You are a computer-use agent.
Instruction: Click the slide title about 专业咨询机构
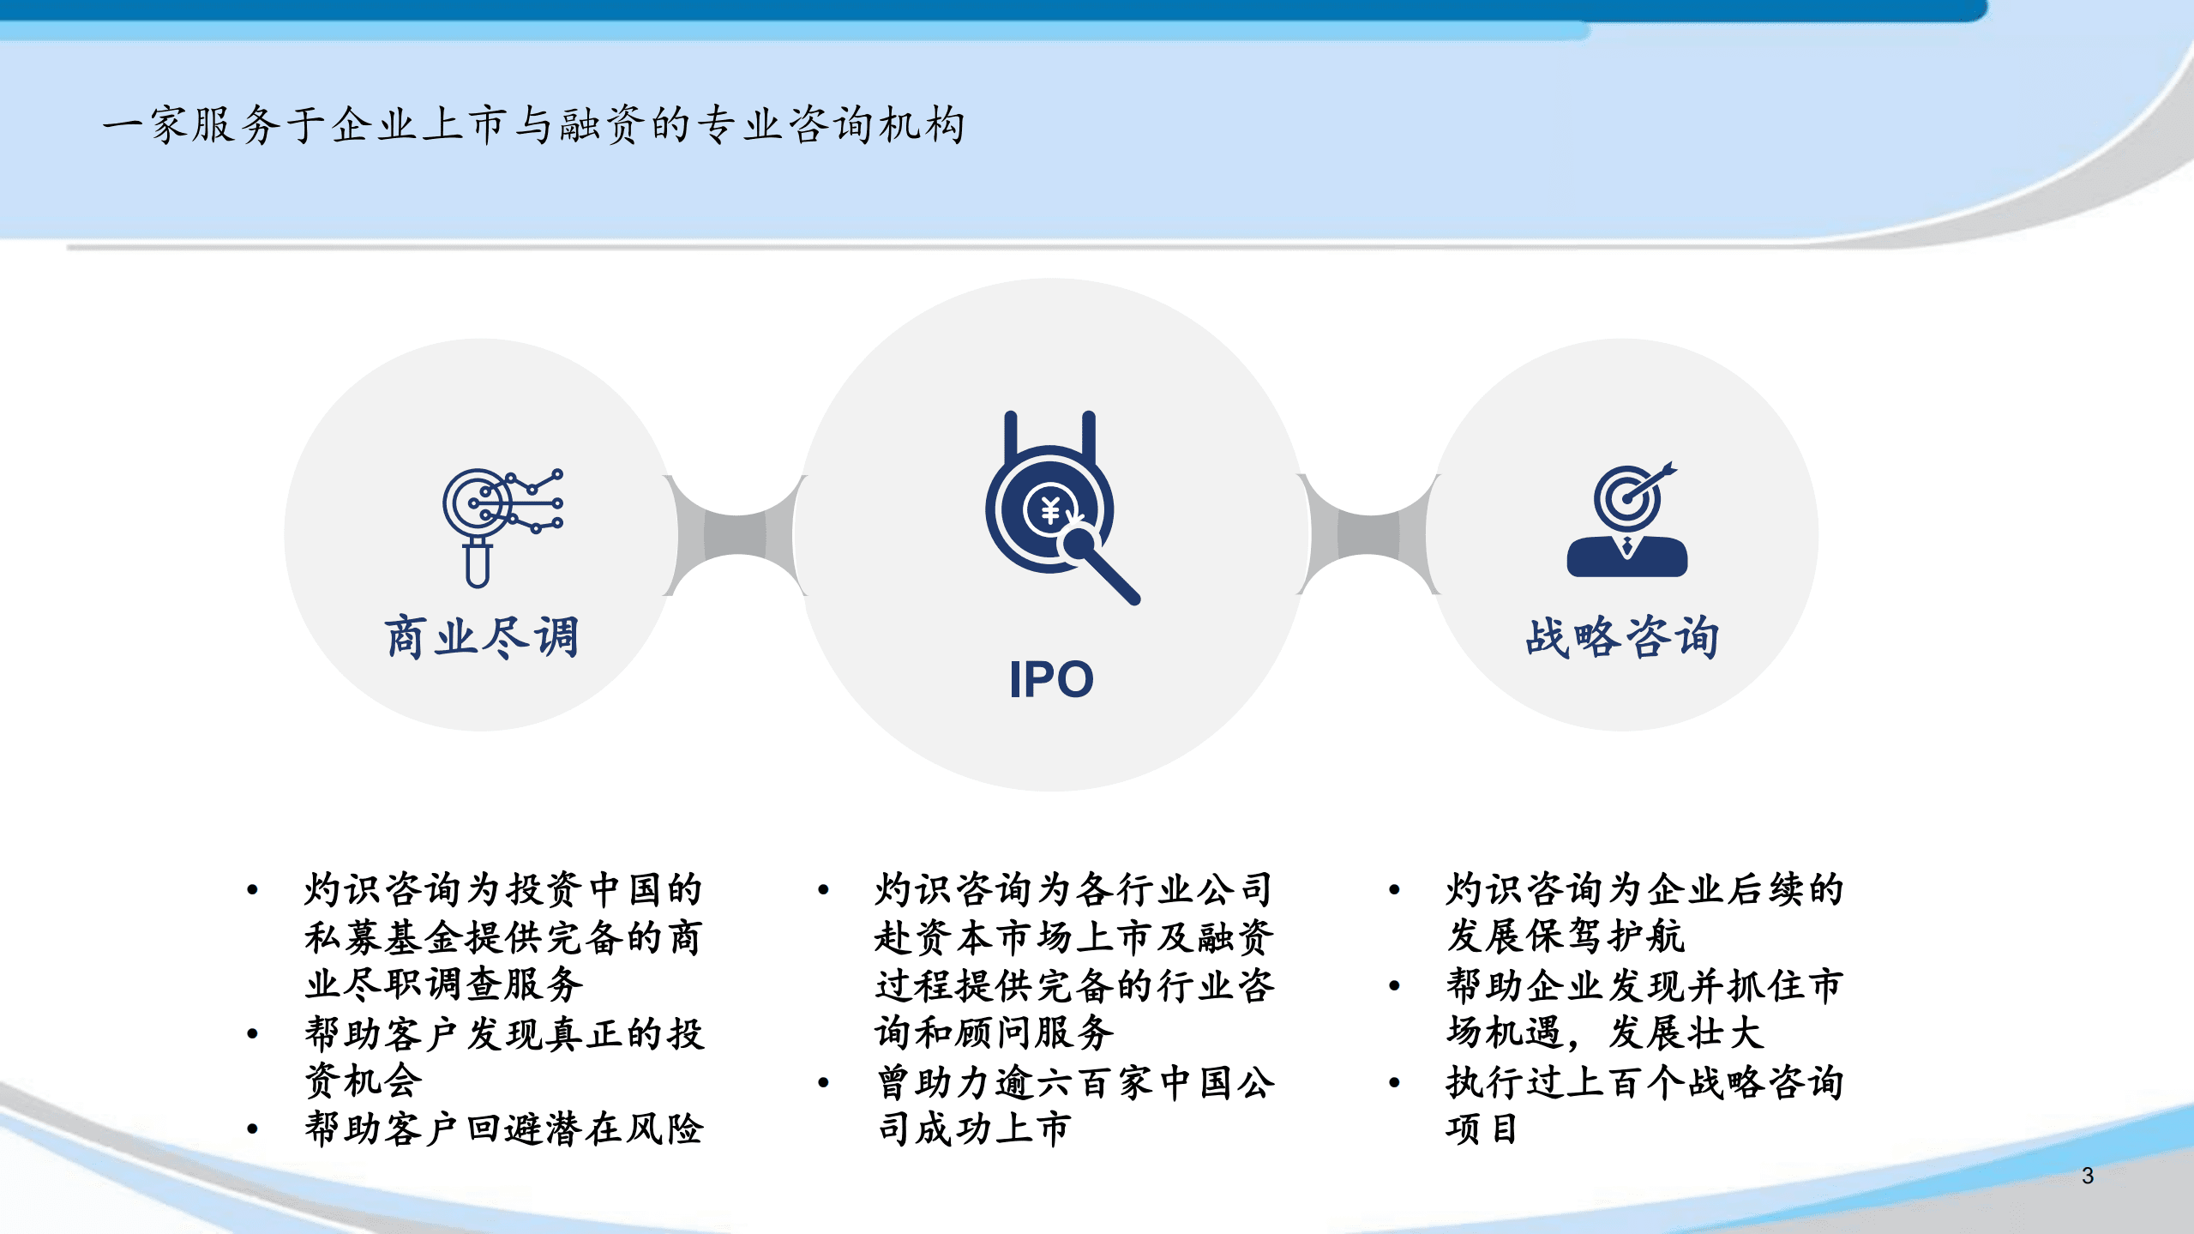[x=533, y=125]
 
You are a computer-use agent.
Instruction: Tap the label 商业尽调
[x=481, y=637]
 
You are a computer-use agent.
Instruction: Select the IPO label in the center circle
[x=1051, y=680]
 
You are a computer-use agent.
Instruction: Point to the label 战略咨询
[x=1621, y=637]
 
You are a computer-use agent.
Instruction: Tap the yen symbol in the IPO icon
[x=1050, y=511]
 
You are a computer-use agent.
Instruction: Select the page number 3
[x=2088, y=1176]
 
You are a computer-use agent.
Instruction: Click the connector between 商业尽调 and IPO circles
[x=736, y=535]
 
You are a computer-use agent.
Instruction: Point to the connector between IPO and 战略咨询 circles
[x=1369, y=535]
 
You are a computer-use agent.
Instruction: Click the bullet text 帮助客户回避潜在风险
[x=504, y=1129]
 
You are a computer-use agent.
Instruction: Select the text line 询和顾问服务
[x=995, y=1033]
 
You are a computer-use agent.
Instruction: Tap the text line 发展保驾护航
[x=1566, y=936]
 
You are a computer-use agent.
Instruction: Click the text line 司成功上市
[x=975, y=1129]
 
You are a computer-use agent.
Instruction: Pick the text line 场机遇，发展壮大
[x=1604, y=1033]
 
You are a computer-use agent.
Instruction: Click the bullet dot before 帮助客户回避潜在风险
[x=252, y=1129]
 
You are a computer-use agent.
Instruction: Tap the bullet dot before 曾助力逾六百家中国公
[x=823, y=1083]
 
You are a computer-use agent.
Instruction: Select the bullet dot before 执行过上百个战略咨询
[x=1394, y=1083]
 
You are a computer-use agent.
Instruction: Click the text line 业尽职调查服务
[x=444, y=984]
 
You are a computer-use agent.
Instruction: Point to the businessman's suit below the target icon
[x=1626, y=557]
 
